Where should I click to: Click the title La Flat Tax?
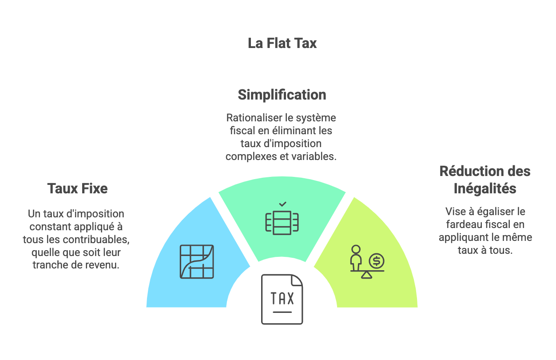coord(282,43)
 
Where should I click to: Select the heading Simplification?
coord(282,95)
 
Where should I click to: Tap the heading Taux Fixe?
coord(77,188)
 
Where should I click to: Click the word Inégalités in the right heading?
coord(485,188)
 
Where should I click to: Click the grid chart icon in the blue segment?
coord(196,262)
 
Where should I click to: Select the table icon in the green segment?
coord(282,221)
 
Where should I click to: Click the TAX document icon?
coord(282,299)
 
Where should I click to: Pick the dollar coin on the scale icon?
coord(377,260)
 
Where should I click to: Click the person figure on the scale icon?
coord(356,257)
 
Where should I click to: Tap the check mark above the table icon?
coord(282,204)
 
